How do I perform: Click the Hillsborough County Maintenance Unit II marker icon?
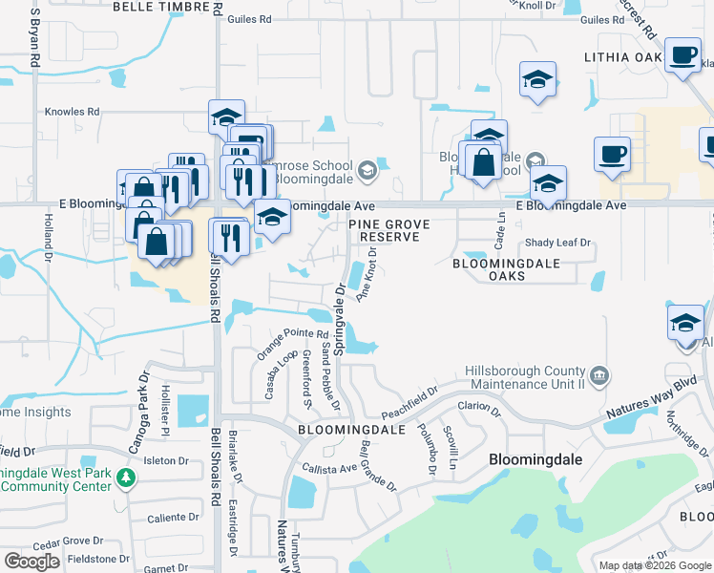pos(599,373)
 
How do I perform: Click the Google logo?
pos(31,562)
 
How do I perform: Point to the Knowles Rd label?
pos(72,112)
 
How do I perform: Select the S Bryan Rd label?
pos(35,38)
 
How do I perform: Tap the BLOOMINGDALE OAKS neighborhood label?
pos(489,268)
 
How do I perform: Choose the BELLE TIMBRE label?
pos(159,6)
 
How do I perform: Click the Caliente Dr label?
pos(173,518)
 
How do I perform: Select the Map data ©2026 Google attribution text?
pos(654,565)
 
